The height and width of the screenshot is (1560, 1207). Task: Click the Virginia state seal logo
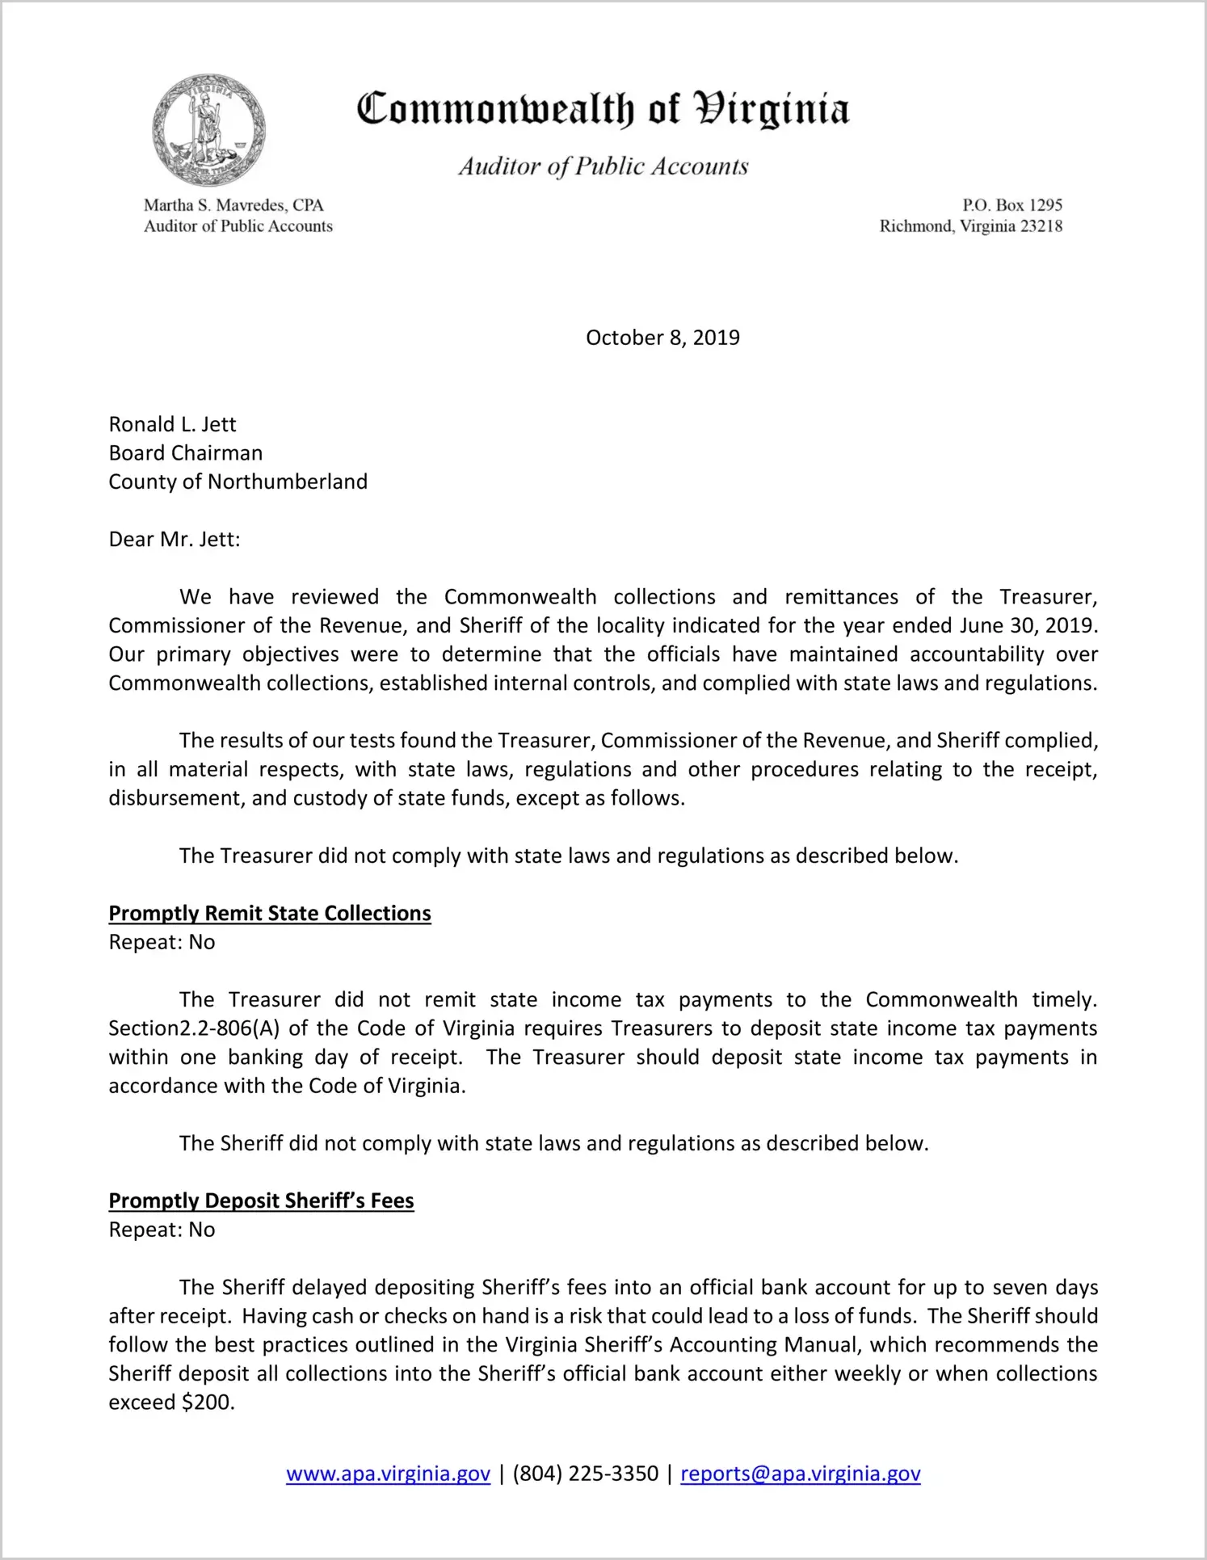pos(208,131)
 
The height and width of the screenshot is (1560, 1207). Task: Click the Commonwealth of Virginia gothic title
pos(603,110)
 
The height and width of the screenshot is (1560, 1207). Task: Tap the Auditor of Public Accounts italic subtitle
pos(603,166)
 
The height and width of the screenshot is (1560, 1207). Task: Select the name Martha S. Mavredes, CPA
pos(233,205)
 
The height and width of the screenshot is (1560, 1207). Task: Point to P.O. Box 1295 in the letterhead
pos(1011,205)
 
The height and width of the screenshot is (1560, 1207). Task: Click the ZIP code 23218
pos(1041,226)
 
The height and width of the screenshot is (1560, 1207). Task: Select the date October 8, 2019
pos(662,338)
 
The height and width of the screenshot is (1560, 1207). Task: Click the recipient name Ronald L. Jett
pos(173,424)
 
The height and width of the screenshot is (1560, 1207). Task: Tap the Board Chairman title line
pos(186,453)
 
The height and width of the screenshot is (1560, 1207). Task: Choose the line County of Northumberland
pos(238,481)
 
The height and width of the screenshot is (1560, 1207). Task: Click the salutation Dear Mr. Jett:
pos(175,539)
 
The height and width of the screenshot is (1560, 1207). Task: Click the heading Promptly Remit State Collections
pos(270,913)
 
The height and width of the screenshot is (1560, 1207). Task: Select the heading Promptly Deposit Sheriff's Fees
pos(261,1200)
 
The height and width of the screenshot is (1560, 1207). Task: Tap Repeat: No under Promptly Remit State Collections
pos(162,942)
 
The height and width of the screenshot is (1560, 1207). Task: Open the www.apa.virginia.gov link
pos(388,1474)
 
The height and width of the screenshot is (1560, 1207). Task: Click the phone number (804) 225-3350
pos(585,1474)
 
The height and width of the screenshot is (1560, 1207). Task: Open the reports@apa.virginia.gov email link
pos(801,1474)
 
